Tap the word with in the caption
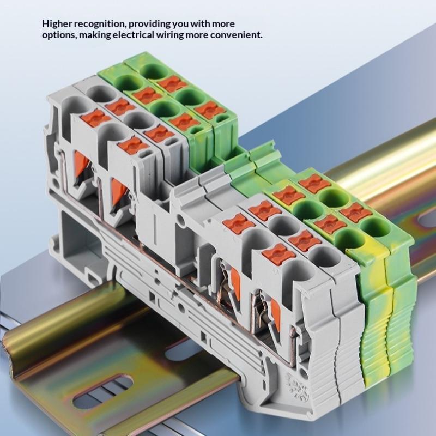tap(200, 23)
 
